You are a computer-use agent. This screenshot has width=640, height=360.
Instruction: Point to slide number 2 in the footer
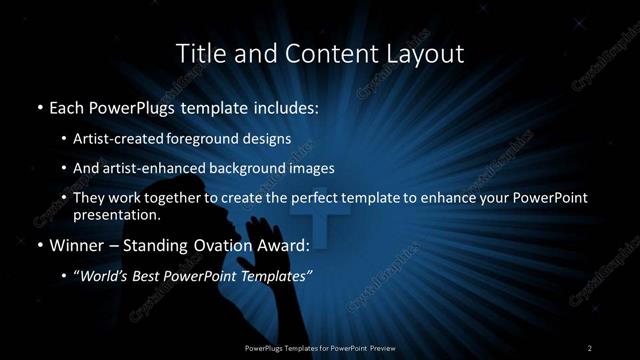590,347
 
